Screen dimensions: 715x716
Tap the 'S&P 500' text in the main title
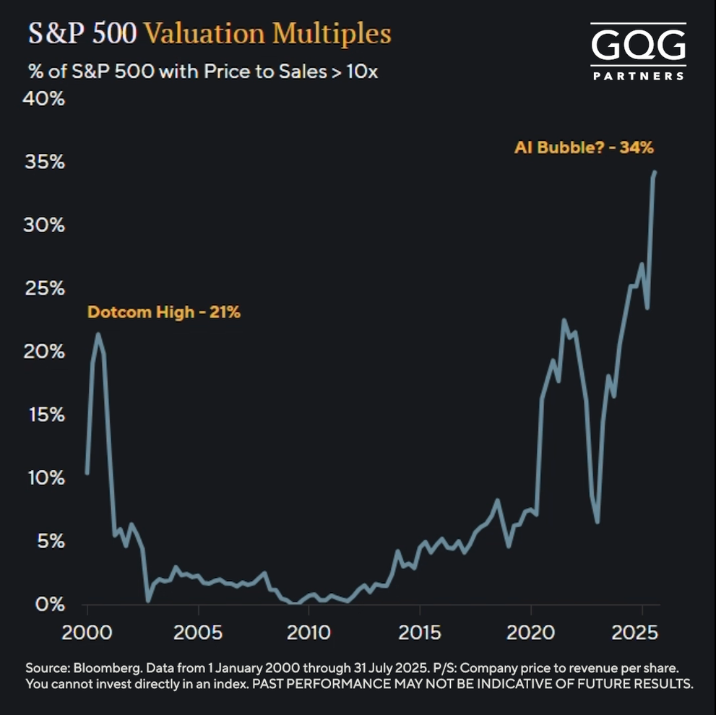click(82, 33)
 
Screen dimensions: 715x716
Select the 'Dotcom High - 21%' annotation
click(163, 313)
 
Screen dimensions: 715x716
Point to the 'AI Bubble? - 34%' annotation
click(584, 147)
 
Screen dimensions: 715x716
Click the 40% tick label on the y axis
click(46, 99)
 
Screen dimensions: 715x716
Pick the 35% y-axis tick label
click(46, 162)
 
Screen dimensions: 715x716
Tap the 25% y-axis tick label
click(46, 288)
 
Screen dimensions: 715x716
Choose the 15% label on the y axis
click(46, 415)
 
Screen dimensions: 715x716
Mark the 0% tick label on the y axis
click(51, 604)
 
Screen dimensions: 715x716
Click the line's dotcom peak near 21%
click(98, 334)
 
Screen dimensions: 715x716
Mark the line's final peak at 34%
click(655, 172)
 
